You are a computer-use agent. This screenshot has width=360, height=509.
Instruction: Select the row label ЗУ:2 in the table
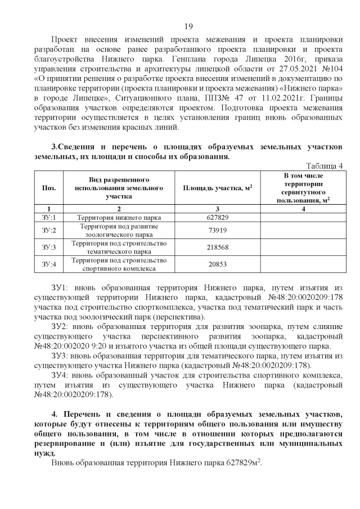tap(49, 230)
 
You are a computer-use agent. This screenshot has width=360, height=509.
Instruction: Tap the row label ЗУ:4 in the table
tap(49, 264)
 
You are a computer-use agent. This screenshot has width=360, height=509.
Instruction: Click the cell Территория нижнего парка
tap(119, 217)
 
